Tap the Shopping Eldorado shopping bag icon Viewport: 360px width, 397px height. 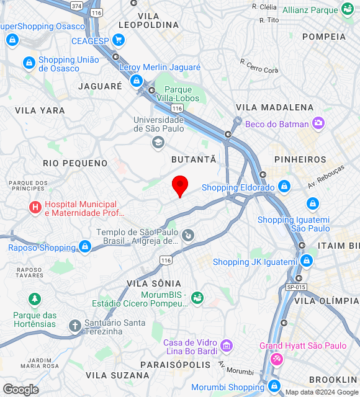click(x=284, y=186)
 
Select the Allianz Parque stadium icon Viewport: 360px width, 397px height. click(x=347, y=9)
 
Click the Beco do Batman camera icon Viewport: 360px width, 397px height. click(x=318, y=123)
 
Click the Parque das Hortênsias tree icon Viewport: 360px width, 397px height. click(x=35, y=300)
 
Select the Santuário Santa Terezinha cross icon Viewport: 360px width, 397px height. click(x=74, y=326)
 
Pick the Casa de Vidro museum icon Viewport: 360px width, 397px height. click(x=226, y=344)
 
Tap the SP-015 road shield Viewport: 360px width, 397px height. click(x=296, y=287)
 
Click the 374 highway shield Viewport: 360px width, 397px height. click(x=76, y=5)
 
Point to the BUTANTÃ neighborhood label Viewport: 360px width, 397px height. click(x=194, y=159)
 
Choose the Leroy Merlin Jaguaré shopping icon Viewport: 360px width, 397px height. click(x=136, y=81)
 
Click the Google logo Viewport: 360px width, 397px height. click(x=20, y=390)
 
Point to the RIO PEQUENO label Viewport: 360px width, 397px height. click(x=75, y=163)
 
